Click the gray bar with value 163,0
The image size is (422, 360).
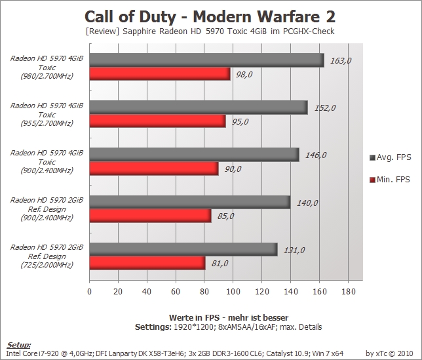[206, 60]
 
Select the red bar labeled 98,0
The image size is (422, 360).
[160, 74]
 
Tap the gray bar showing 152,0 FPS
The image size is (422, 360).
[199, 108]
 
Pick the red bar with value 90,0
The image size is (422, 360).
[154, 169]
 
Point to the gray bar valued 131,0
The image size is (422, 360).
[183, 249]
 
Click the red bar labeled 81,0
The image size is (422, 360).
[147, 263]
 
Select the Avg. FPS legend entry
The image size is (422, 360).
[391, 157]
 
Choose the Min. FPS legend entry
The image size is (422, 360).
[390, 180]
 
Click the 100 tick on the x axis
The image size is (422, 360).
[233, 291]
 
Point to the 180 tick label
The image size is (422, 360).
[348, 291]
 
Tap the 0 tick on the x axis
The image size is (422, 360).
[89, 291]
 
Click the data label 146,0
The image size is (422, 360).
[316, 155]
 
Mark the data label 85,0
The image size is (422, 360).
[225, 216]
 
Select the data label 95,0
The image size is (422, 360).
[240, 122]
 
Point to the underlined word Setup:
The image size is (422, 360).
[19, 345]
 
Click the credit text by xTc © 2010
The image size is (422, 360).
[389, 353]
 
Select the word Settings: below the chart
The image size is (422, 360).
[153, 327]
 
